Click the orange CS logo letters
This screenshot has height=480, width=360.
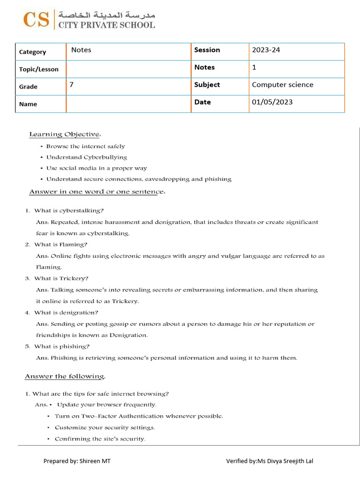coord(37,20)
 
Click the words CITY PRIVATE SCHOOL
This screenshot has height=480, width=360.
coord(106,25)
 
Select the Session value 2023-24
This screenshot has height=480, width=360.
coord(266,50)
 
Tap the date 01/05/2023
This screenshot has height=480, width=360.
coord(272,102)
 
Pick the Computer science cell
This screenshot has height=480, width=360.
coord(283,85)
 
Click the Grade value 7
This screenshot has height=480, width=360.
coord(72,85)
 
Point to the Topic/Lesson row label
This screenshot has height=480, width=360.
coord(39,69)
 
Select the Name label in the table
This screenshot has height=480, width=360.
coord(28,104)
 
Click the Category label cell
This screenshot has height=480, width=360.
coord(32,52)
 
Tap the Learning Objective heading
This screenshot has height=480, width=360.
coord(65,135)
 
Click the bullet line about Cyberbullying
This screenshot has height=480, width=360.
coord(86,157)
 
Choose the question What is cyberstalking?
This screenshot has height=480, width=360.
coord(69,210)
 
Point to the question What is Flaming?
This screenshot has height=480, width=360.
coord(60,244)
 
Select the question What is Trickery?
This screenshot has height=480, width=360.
coord(61,278)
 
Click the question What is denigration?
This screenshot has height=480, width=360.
coord(66,313)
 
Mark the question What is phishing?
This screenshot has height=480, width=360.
coord(62,346)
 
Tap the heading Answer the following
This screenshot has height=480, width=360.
coord(65,376)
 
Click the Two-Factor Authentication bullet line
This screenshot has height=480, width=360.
coord(139,416)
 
